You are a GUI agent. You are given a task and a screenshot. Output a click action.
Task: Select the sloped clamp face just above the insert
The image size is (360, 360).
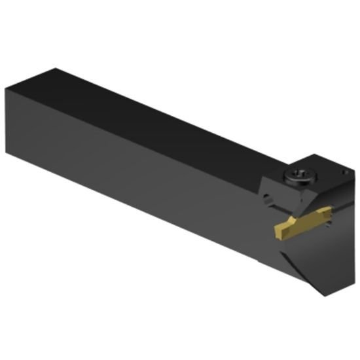pyautogui.click(x=295, y=200)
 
